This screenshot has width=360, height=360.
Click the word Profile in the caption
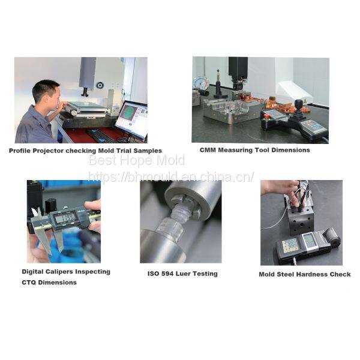coord(20,151)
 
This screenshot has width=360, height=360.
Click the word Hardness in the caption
coord(316,274)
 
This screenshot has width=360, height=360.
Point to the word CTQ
coord(29,283)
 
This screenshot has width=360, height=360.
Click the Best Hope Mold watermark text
coord(137,160)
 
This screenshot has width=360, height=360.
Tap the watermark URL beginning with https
coord(171,177)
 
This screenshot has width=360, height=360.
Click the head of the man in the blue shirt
coord(47,92)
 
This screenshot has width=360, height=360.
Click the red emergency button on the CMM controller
coord(266,116)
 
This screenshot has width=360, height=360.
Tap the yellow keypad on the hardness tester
coord(290,245)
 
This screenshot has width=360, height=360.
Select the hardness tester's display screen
coord(310,241)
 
